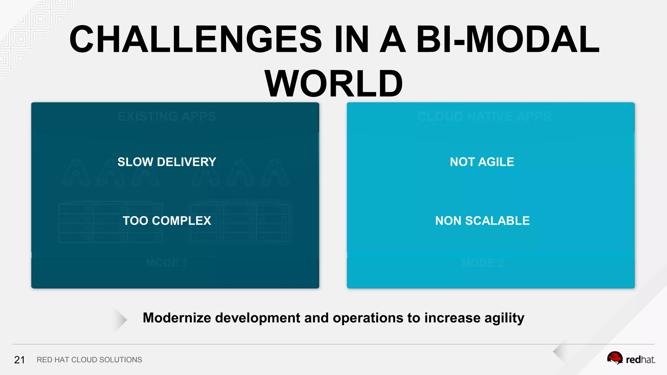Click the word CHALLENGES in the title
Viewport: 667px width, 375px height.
195,40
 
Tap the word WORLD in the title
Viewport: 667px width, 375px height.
333,84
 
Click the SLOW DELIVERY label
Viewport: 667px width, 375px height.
167,162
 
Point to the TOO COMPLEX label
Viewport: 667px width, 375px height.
167,221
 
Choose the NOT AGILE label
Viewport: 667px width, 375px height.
482,162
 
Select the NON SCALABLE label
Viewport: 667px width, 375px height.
482,221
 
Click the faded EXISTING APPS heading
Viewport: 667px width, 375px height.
167,117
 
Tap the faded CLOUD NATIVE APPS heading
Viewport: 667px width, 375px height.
484,117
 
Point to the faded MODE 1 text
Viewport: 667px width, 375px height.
166,263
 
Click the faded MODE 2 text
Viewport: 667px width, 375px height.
483,263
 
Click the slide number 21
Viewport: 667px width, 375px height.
20,360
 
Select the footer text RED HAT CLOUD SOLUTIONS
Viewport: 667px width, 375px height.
89,360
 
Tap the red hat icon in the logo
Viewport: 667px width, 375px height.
615,358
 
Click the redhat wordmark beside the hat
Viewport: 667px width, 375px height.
640,360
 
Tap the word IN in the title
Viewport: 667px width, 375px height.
351,40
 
